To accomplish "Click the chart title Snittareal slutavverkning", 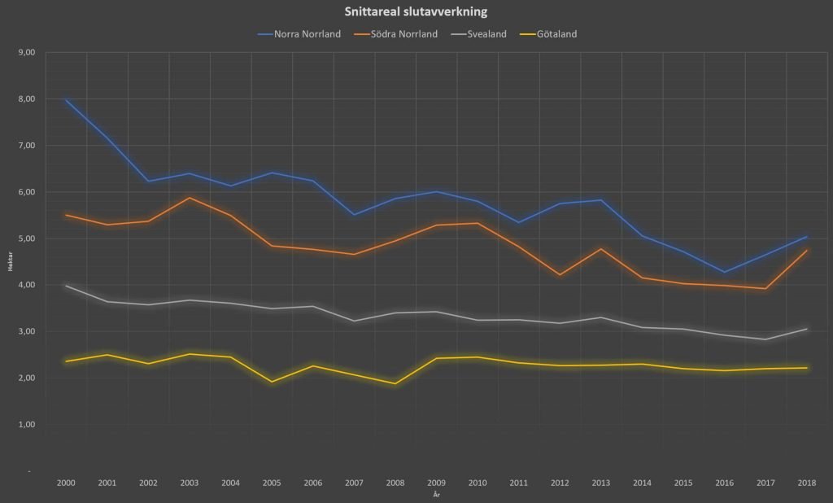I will pyautogui.click(x=416, y=11).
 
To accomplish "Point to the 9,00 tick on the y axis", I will pyautogui.click(x=27, y=52).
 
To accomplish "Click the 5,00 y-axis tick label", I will pyautogui.click(x=27, y=238).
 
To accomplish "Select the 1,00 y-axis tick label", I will pyautogui.click(x=27, y=425).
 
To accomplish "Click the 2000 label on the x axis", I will pyautogui.click(x=66, y=483).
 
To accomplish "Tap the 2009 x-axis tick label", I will pyautogui.click(x=437, y=483).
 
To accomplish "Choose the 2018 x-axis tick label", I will pyautogui.click(x=807, y=483).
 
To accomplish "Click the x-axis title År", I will pyautogui.click(x=436, y=493).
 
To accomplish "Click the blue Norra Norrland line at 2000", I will pyautogui.click(x=66, y=100).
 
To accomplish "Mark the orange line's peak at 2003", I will pyautogui.click(x=190, y=198).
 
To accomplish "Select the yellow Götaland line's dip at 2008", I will pyautogui.click(x=395, y=384).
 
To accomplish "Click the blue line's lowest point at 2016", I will pyautogui.click(x=725, y=273).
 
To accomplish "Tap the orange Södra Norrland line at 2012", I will pyautogui.click(x=560, y=275).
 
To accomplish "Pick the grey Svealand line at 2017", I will pyautogui.click(x=765, y=339).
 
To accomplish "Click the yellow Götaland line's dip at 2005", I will pyautogui.click(x=272, y=382).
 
